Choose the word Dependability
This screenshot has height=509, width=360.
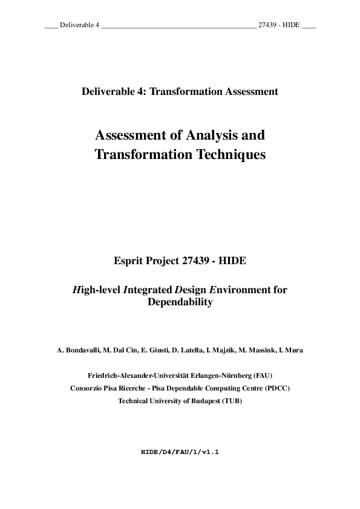point(180,302)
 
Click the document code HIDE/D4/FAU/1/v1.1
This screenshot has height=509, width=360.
point(179,452)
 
